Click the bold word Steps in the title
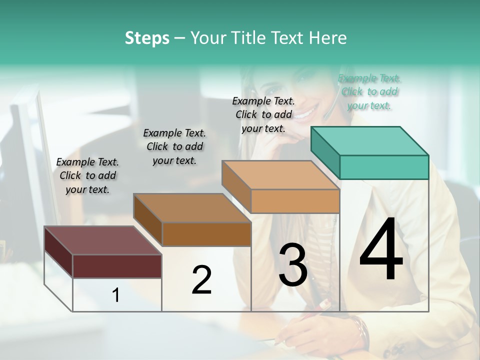[x=147, y=38]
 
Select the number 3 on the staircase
[x=293, y=264]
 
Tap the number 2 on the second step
[x=201, y=280]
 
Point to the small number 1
[x=116, y=295]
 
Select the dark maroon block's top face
[x=102, y=240]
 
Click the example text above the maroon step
[x=87, y=175]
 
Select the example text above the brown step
[x=174, y=146]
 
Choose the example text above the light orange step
[x=263, y=114]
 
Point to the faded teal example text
[x=369, y=91]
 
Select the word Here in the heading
[x=329, y=38]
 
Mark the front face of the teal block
[x=384, y=167]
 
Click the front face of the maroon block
[x=117, y=266]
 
